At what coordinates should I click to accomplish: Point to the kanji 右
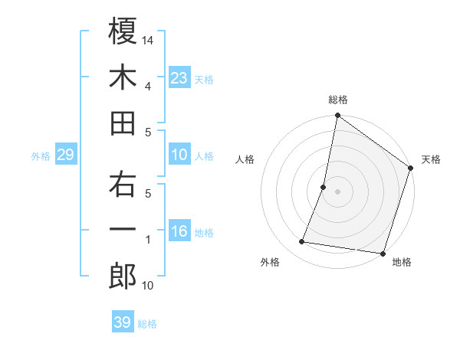123,185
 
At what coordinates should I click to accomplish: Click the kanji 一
123,231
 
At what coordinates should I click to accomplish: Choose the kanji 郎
123,277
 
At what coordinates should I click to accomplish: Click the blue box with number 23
179,77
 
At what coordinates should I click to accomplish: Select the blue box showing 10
179,155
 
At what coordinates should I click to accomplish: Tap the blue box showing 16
179,232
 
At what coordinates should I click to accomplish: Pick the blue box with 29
65,155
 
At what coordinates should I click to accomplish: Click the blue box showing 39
123,322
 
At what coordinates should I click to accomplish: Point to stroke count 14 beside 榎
148,40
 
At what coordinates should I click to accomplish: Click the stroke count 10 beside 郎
148,286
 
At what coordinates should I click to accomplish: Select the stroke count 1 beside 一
147,240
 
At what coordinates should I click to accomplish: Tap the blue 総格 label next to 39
148,324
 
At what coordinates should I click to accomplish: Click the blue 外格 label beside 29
41,156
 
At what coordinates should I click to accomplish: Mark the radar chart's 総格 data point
337,116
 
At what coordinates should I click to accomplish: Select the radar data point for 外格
302,242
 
